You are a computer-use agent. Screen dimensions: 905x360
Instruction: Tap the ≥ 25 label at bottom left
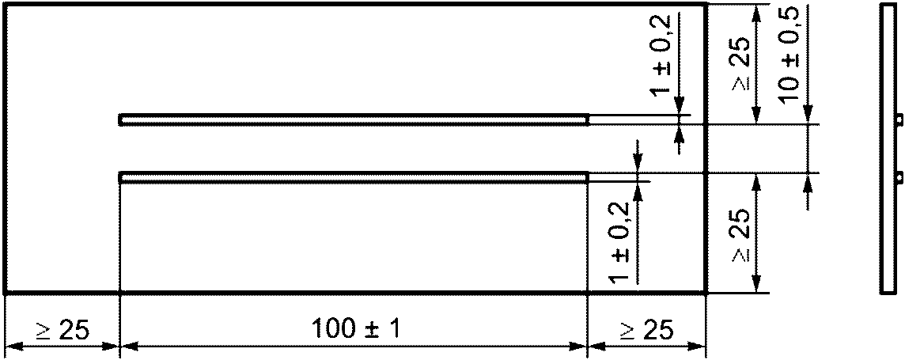click(61, 330)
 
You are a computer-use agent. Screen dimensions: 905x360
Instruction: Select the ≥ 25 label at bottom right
click(647, 330)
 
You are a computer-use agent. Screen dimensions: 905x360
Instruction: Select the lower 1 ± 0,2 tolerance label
click(620, 243)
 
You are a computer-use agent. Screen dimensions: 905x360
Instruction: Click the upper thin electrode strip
click(354, 119)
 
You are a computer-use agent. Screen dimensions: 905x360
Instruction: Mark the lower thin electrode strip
click(354, 177)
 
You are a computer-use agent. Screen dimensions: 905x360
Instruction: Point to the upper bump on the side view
click(899, 119)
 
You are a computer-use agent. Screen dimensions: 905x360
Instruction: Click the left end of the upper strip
click(121, 119)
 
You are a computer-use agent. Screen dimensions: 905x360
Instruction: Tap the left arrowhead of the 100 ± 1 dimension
click(127, 347)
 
